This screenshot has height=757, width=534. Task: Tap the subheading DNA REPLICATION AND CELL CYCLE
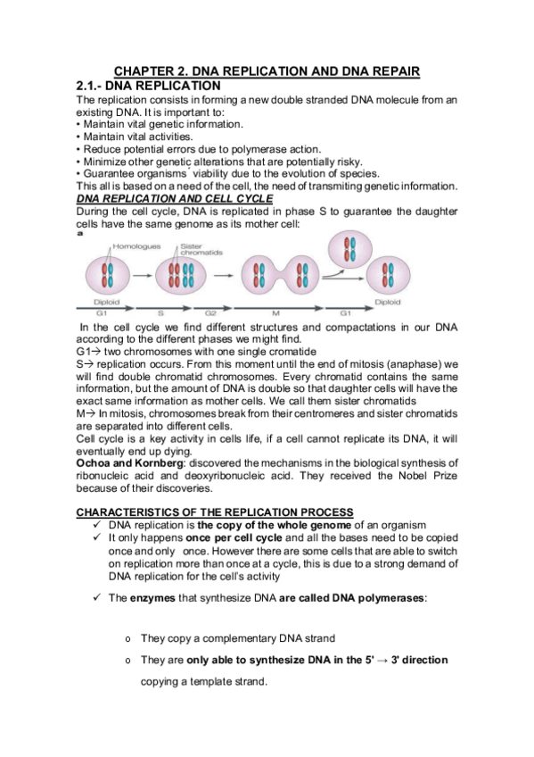(x=174, y=196)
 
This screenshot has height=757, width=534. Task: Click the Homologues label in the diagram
(x=142, y=245)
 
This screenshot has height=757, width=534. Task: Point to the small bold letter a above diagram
(x=78, y=234)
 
